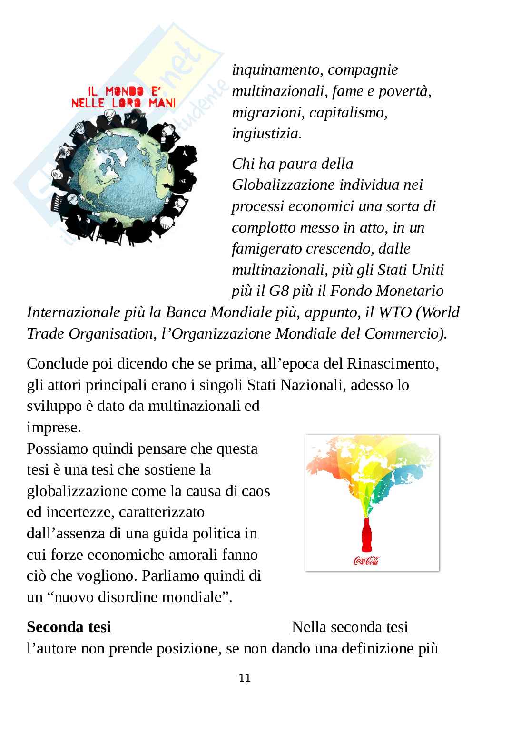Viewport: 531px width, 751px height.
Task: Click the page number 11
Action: pyautogui.click(x=245, y=678)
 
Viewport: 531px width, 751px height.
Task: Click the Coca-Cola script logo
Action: pyautogui.click(x=366, y=561)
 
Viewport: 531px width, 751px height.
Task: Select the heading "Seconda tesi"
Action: pyautogui.click(x=69, y=627)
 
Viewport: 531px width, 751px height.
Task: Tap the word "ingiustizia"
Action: pyautogui.click(x=266, y=134)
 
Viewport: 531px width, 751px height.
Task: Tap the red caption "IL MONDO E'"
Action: pyautogui.click(x=123, y=90)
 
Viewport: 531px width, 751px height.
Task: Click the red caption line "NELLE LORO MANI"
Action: pyautogui.click(x=123, y=103)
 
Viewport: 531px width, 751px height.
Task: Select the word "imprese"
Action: pyautogui.click(x=52, y=428)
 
